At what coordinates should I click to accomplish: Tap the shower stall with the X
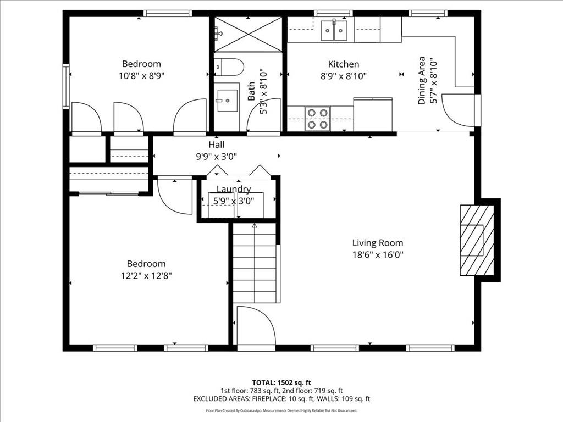[247, 34]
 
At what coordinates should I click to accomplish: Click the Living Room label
[377, 243]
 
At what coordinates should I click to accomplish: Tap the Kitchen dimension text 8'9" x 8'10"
[344, 76]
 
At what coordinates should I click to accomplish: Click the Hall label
[216, 145]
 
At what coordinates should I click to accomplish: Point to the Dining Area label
[422, 80]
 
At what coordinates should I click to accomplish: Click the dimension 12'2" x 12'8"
[146, 276]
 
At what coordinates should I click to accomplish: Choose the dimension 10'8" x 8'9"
[141, 76]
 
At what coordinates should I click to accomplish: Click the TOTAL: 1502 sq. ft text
[281, 382]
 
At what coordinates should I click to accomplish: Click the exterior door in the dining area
[459, 110]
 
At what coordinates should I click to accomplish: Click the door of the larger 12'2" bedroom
[174, 195]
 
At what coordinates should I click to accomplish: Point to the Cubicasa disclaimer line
[281, 410]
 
